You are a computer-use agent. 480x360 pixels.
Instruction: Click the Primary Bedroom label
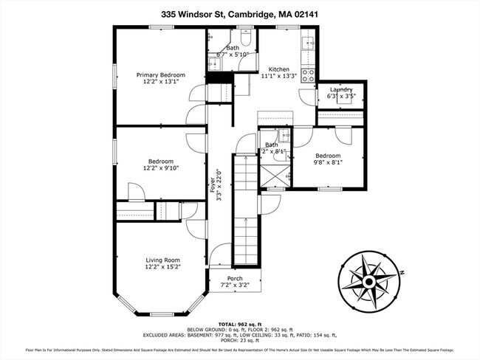click(160, 75)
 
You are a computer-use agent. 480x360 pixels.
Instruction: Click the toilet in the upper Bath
click(247, 39)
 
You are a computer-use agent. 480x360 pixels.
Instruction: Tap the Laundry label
click(341, 89)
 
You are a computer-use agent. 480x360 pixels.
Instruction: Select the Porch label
click(234, 278)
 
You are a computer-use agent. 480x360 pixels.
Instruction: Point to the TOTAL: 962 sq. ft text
click(239, 324)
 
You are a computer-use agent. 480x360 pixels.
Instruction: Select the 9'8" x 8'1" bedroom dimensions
click(328, 164)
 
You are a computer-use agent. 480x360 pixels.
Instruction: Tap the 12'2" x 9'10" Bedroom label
click(160, 162)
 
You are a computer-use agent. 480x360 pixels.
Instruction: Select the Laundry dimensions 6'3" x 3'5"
click(341, 96)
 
